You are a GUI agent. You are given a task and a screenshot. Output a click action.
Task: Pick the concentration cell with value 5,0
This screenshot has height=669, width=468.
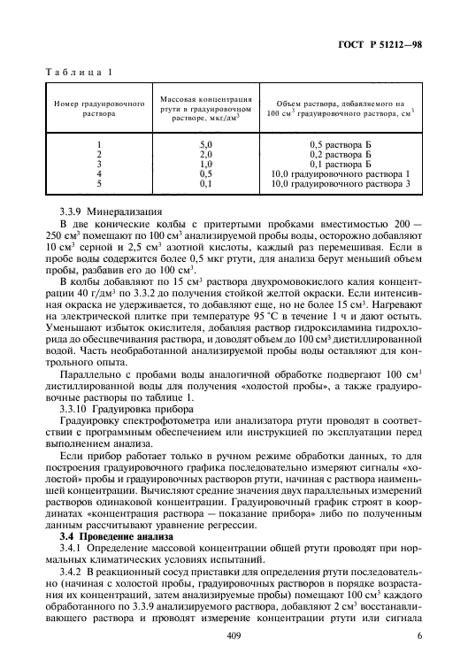click(x=206, y=143)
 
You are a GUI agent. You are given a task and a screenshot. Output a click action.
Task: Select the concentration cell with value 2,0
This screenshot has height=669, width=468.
click(x=206, y=153)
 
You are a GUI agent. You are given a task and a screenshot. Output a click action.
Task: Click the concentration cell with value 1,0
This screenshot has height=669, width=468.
click(x=206, y=163)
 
